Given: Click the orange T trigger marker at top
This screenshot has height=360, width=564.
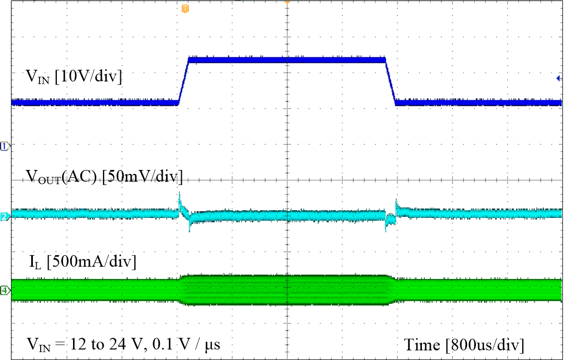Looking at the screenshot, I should click(185, 8).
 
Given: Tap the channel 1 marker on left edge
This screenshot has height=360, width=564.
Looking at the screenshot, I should click(4, 146).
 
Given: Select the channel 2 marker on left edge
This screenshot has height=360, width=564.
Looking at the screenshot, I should click(4, 216).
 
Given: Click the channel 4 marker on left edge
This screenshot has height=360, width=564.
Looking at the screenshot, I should click(4, 290).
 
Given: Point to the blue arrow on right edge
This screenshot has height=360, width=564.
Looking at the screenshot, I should click(559, 79).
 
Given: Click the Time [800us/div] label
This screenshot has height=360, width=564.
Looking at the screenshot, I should click(464, 345).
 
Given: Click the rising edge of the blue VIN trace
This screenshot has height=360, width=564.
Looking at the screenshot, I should click(183, 80).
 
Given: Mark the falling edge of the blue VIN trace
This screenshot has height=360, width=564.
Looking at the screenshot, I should click(390, 80).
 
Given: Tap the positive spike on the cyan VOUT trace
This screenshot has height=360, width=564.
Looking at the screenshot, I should click(179, 199).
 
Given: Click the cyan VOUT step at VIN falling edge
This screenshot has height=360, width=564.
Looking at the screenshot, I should click(395, 211).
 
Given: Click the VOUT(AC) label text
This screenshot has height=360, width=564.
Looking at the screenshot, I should click(62, 177).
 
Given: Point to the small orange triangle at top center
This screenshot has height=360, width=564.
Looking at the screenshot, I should click(287, 3).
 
